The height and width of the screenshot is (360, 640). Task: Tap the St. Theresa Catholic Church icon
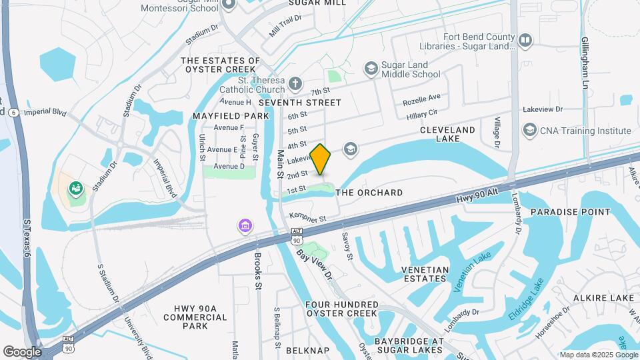coord(295,84)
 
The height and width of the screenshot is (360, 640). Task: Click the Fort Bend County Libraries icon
coord(525,41)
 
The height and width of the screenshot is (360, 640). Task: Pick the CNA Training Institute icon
coord(530,130)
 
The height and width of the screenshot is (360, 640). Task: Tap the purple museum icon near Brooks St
coord(245,226)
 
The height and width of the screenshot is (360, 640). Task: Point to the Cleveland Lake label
coord(447,134)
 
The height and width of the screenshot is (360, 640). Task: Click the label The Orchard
coord(369,193)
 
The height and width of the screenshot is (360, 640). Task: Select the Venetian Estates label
coord(433,273)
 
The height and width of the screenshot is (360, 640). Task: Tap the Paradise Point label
coord(570,212)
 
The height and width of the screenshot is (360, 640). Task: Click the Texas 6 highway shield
coord(13,113)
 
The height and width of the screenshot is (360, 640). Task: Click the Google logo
coord(22,351)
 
